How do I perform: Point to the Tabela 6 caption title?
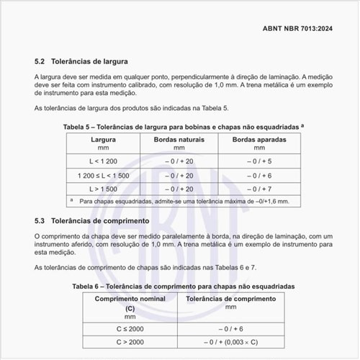pyautogui.click(x=184, y=287)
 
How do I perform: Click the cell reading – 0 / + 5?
pyautogui.click(x=258, y=161)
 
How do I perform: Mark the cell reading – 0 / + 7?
pyautogui.click(x=258, y=189)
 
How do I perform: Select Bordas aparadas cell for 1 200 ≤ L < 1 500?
pyautogui.click(x=258, y=176)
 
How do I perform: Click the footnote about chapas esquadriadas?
pyautogui.click(x=184, y=202)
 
